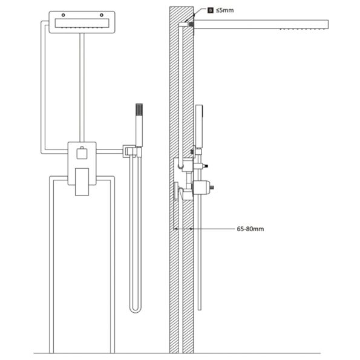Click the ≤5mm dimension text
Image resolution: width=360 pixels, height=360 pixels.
point(224,10)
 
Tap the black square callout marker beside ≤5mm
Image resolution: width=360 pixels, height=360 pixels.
point(211,10)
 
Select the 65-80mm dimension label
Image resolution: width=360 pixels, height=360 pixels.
point(250,229)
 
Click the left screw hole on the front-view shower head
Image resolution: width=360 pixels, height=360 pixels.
point(63,15)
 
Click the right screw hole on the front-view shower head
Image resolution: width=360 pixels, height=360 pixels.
point(102,15)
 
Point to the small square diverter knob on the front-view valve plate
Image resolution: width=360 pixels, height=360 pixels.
point(82,153)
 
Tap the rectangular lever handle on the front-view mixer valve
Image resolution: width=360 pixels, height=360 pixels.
point(82,182)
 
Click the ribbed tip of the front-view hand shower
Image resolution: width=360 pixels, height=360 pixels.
point(139,110)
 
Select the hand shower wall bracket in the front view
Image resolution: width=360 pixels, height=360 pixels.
point(132,151)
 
